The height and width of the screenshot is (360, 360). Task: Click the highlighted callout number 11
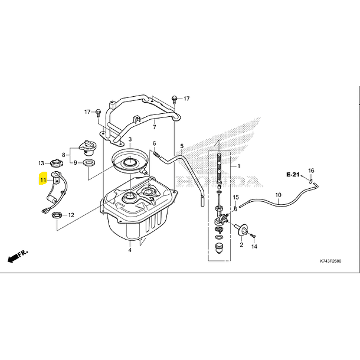(43, 179)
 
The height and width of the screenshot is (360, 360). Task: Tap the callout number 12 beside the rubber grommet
(70, 215)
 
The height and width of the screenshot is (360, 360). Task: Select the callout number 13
(42, 163)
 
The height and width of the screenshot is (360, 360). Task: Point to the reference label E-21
(293, 175)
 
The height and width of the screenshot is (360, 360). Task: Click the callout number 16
(312, 171)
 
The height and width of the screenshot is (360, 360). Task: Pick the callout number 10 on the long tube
(278, 194)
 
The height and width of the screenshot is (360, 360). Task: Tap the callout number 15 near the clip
(235, 197)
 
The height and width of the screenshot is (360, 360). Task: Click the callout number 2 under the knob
(241, 244)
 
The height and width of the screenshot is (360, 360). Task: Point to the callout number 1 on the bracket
(239, 166)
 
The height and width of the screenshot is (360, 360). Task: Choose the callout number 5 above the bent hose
(182, 146)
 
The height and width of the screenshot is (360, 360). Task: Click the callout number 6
(154, 143)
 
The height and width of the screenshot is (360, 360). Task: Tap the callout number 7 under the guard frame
(153, 127)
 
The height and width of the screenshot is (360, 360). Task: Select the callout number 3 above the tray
(130, 140)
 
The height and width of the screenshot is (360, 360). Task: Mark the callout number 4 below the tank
(130, 250)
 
